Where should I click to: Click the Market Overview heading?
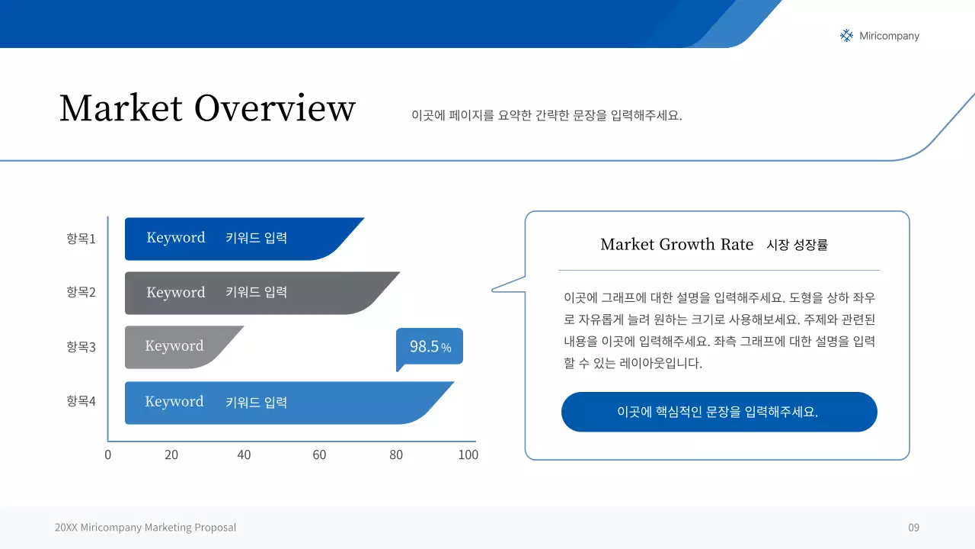207,108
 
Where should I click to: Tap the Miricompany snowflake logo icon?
846,36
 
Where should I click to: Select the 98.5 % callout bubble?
430,347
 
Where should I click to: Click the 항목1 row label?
81,239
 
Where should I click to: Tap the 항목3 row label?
81,347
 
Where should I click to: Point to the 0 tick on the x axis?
107,455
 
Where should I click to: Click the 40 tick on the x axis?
244,455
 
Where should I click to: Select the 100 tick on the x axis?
468,455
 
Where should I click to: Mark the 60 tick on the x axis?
319,455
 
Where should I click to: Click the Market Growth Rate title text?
676,245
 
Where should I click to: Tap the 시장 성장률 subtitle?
797,245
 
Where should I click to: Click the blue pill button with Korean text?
719,412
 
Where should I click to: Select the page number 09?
913,528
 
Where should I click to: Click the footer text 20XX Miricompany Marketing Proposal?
145,528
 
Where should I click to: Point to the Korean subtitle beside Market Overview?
546,116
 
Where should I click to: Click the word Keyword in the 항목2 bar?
176,293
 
